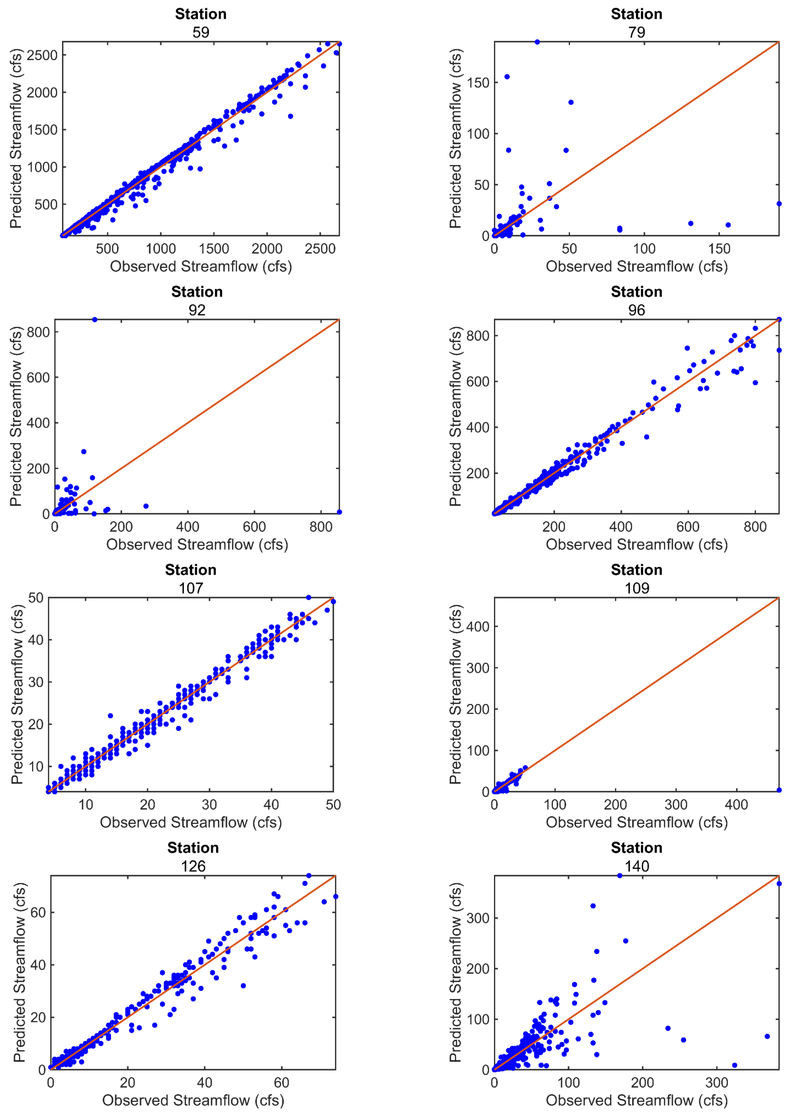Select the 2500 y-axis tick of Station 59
pos(42,55)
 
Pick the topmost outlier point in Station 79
pos(537,42)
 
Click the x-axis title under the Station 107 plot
pos(191,822)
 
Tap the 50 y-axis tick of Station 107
pos(36,598)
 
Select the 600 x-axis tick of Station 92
pos(254,527)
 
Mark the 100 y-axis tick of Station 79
pos(478,134)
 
